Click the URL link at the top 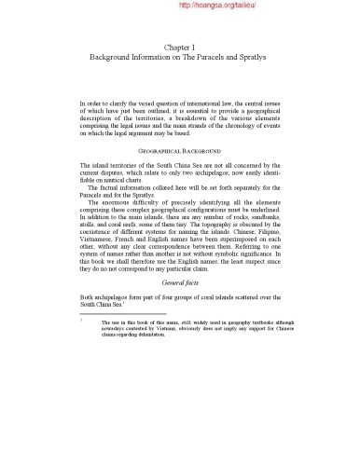(x=215, y=6)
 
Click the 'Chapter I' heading (x=180, y=46)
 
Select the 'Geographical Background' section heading (x=180, y=149)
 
